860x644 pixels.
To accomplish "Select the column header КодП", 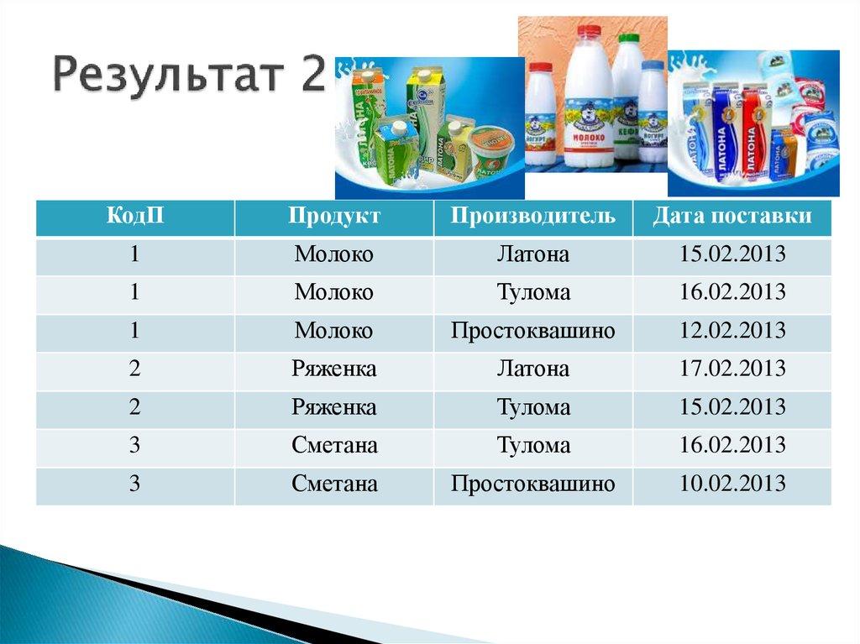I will pos(134,217).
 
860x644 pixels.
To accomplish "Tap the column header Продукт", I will pos(334,217).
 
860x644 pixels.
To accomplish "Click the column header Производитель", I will pos(532,217).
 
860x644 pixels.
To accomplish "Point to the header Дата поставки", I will pos(732,217).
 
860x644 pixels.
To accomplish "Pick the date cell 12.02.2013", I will pos(732,331).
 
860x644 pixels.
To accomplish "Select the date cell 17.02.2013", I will pos(732,369).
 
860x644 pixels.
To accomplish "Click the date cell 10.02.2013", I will pos(732,484).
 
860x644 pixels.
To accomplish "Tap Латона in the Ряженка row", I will pos(532,369).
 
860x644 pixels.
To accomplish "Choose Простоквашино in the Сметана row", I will pos(532,484).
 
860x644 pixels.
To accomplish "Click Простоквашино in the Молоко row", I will pos(532,331).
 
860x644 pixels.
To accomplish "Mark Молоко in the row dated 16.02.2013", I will pos(334,292).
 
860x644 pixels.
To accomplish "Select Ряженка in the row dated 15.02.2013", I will pos(334,407).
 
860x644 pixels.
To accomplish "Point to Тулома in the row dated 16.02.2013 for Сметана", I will pos(532,445).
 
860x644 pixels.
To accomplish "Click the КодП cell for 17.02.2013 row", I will pos(134,369).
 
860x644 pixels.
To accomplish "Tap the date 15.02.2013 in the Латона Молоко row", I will pos(732,254).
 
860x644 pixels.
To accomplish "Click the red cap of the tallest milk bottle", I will pos(590,31).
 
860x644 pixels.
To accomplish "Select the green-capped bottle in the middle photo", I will pos(627,92).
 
